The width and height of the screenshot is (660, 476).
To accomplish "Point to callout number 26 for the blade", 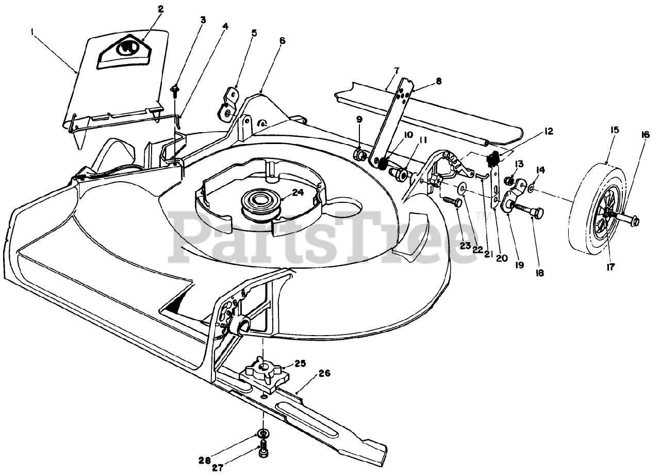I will pyautogui.click(x=325, y=373).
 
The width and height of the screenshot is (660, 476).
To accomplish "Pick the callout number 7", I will pyautogui.click(x=396, y=69).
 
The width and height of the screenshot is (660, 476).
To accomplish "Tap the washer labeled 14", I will pyautogui.click(x=532, y=185).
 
